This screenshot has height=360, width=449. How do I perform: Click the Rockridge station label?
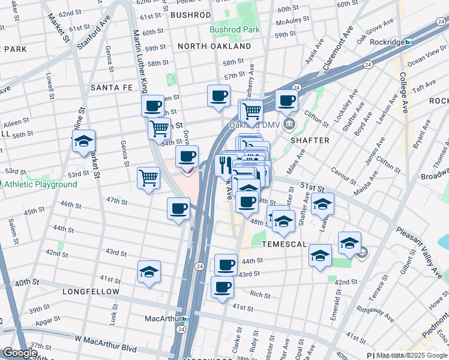(387, 42)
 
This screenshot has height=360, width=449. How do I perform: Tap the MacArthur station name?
(163, 318)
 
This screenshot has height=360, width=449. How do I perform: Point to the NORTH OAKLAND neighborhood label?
(214, 46)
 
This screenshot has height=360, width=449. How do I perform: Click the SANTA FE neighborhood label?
(112, 88)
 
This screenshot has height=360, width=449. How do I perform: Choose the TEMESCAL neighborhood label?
(284, 244)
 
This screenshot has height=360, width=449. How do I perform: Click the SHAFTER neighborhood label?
(310, 140)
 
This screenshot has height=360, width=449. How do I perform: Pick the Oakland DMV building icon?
(289, 125)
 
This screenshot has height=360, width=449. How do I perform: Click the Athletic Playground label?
(41, 184)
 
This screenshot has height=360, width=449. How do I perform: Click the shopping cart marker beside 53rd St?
(148, 177)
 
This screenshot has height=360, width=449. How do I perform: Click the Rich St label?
(260, 295)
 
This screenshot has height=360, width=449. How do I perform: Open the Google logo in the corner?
(20, 353)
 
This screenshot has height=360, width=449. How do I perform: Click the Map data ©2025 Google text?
(412, 356)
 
